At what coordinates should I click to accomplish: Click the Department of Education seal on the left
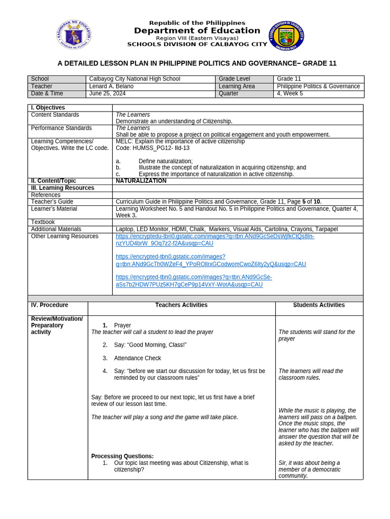74,35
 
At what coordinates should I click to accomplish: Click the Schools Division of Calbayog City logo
286,35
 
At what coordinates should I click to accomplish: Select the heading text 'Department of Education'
197,31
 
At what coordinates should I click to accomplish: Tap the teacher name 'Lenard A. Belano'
111,87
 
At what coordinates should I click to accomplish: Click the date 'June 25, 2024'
107,94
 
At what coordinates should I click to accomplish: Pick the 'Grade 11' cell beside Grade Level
289,79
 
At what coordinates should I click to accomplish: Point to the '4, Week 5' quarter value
289,94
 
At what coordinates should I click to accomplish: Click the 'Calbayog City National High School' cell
135,79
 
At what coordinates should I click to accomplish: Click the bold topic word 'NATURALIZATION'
141,181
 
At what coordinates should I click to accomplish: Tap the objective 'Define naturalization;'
166,161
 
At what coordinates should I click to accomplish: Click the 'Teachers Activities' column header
181,305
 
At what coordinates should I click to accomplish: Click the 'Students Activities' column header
319,305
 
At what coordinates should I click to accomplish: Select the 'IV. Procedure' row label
49,305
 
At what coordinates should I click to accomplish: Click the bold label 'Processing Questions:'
122,456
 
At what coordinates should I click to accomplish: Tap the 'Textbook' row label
43,222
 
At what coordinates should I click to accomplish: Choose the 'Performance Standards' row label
61,128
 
